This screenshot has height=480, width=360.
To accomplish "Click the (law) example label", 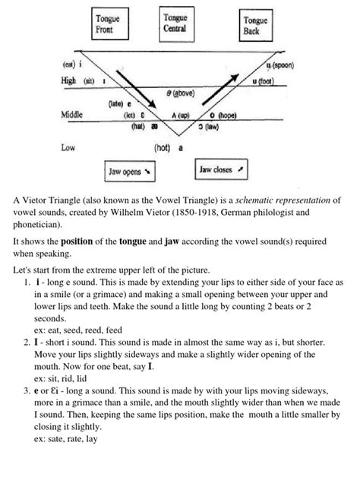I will pos(232,127).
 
